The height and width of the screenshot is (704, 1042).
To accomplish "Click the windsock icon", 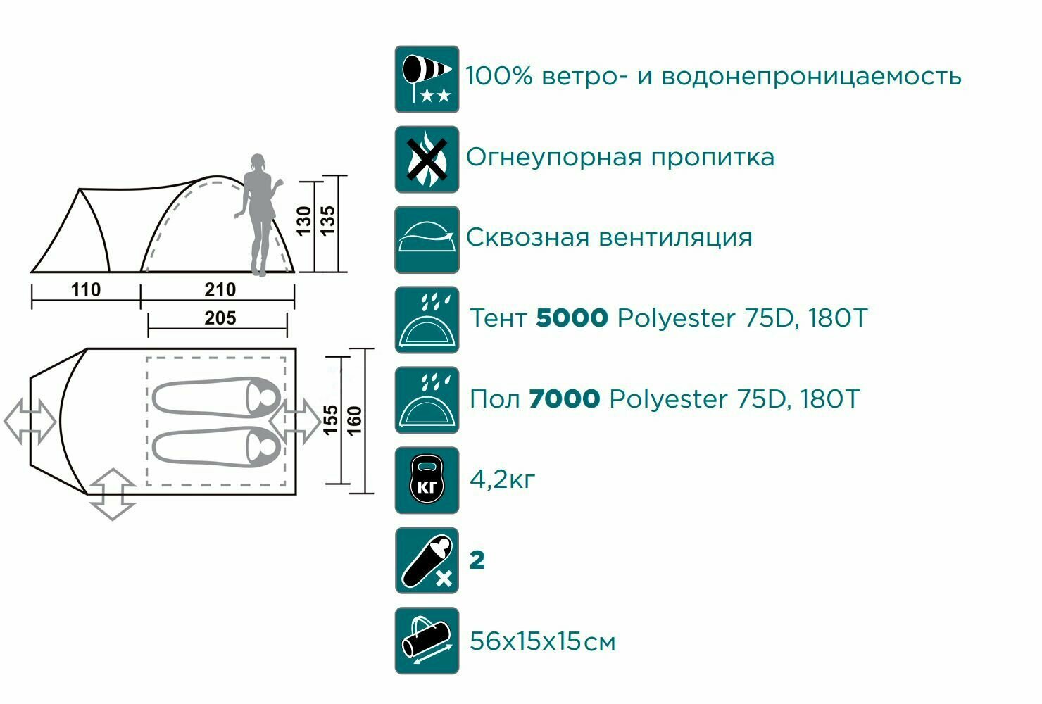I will point(427,79).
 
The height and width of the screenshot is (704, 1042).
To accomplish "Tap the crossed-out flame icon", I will point(427,159).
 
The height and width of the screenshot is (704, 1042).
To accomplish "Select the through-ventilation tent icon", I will point(427,239).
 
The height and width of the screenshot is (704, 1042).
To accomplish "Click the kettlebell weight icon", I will point(427,480).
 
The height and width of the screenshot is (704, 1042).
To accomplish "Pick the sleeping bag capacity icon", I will point(427,560).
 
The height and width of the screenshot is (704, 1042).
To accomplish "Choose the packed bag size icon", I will point(427,641).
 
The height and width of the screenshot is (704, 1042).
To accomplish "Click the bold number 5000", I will point(572,318).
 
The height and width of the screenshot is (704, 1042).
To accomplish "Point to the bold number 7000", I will point(564,399).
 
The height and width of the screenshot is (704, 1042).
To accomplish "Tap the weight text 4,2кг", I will point(502,479).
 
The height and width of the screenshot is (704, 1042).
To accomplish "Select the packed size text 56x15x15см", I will point(542,642).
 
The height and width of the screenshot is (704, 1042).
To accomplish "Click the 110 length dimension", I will point(86,289).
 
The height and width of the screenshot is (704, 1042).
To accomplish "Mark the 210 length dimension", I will point(220,289).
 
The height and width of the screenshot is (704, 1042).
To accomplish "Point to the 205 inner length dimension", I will point(220,318).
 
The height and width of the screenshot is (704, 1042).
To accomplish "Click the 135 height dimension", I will point(328,221).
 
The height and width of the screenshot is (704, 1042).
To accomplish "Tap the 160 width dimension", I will point(355,420).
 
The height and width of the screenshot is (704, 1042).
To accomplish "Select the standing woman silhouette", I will point(258,215).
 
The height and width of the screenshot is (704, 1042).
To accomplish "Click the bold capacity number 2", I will point(477,560).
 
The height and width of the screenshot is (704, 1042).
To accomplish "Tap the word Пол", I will point(494,399).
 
